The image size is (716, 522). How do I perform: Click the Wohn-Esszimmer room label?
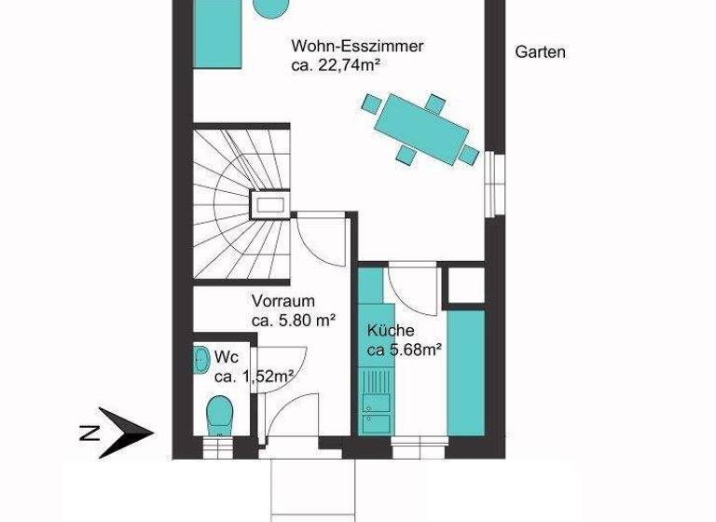tap(357, 46)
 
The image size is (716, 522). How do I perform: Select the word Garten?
tap(540, 52)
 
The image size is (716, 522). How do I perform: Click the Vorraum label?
tap(282, 301)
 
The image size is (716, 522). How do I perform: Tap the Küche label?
tap(391, 330)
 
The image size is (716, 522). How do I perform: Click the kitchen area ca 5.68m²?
tap(403, 350)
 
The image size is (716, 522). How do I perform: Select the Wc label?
tap(226, 357)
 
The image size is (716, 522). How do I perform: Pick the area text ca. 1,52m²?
tap(254, 377)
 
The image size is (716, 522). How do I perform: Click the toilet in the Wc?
tap(219, 413)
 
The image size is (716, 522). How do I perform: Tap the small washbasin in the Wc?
tap(201, 359)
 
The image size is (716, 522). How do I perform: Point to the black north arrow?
tap(125, 431)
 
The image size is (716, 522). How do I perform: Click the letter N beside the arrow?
tap(89, 432)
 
